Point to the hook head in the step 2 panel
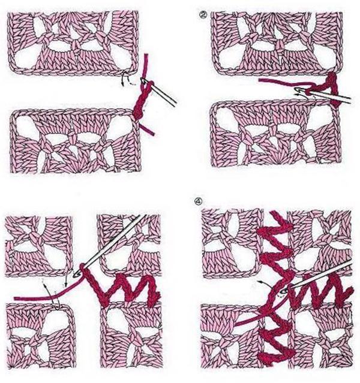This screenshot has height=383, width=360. click(298, 91)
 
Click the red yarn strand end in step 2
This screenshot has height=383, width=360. click(262, 79)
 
